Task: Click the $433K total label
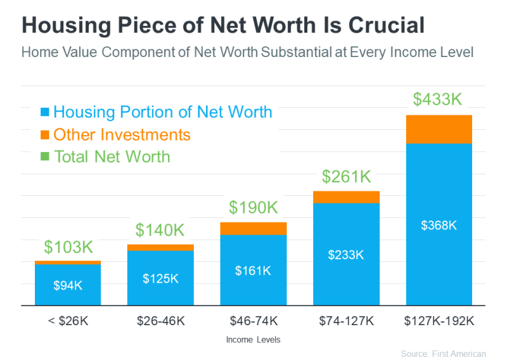tap(439, 100)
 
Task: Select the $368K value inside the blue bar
tap(439, 225)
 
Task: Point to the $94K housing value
tap(68, 285)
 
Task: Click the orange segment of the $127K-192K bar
tap(439, 129)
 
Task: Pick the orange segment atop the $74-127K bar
tap(346, 197)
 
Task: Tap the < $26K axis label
tap(68, 321)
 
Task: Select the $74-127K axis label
tap(346, 321)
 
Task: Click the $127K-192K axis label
tap(439, 321)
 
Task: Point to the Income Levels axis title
tap(253, 340)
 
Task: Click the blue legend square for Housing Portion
tap(44, 113)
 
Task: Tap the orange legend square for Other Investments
tap(44, 135)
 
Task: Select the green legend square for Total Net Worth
tap(44, 157)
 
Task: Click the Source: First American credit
tap(443, 354)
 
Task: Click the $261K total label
tap(346, 176)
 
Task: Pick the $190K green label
tap(253, 207)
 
